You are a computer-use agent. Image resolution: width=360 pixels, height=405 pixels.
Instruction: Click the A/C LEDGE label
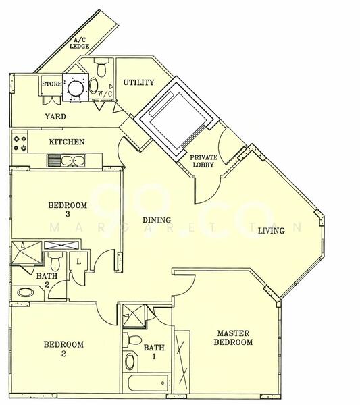click(x=80, y=43)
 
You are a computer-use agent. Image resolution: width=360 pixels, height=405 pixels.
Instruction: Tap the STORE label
click(x=52, y=84)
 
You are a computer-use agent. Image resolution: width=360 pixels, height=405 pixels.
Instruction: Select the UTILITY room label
click(x=138, y=82)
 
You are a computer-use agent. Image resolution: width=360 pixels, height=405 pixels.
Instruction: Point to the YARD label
click(x=55, y=117)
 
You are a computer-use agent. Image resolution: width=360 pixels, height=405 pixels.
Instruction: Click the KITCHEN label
click(x=67, y=142)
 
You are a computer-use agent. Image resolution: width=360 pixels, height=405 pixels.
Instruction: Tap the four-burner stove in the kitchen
click(x=20, y=143)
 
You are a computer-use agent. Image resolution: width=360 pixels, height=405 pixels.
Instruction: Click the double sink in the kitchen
click(x=66, y=161)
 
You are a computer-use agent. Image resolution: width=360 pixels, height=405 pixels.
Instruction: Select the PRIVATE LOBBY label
click(x=204, y=161)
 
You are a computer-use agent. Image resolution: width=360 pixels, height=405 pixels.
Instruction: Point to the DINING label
click(x=157, y=220)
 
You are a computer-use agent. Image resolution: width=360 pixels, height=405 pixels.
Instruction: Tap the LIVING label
click(x=272, y=230)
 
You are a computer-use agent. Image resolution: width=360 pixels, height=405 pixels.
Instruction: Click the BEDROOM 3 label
click(x=68, y=209)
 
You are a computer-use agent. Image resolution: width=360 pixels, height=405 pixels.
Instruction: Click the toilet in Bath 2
click(x=55, y=261)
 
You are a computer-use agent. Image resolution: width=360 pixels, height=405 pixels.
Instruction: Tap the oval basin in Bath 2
click(x=25, y=293)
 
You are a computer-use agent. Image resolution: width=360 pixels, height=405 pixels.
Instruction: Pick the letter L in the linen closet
click(x=79, y=262)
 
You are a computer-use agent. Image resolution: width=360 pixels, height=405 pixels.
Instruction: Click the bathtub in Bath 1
click(x=147, y=383)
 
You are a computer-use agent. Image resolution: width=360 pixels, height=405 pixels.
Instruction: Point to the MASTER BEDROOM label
click(x=233, y=338)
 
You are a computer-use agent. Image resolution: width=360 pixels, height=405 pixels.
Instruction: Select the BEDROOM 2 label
click(x=63, y=349)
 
